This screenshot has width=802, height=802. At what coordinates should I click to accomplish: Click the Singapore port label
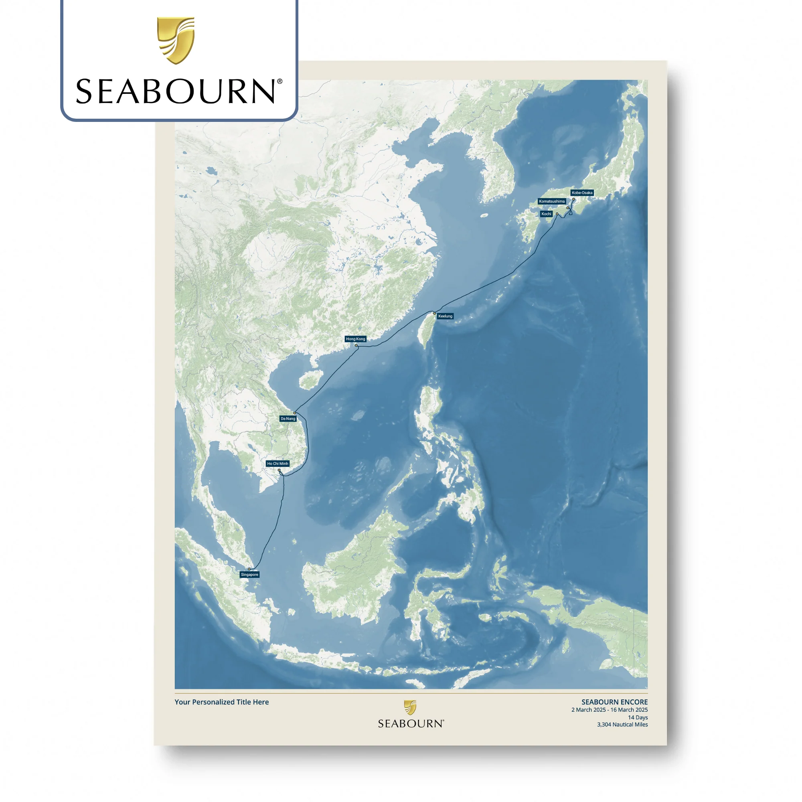pos(249,575)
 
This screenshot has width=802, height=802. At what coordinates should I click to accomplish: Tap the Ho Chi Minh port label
pos(277,464)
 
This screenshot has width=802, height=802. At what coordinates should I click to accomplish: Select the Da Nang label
pos(288,418)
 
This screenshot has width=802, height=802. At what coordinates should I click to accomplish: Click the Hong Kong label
pos(355,339)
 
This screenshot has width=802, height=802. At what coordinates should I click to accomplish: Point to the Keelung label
pos(445,316)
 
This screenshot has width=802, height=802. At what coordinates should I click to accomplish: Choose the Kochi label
pos(546,214)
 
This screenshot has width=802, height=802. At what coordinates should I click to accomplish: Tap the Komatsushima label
pos(552,201)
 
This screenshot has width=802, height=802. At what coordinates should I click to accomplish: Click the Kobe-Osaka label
pos(582,192)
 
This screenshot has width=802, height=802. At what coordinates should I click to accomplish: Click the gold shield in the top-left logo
pos(176,40)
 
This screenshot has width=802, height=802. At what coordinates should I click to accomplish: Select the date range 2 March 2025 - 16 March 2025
pos(609,710)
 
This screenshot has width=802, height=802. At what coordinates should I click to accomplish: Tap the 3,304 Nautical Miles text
pos(622,724)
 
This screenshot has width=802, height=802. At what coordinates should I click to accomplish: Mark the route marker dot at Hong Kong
pos(356,345)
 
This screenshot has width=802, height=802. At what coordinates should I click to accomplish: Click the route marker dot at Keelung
pos(434,313)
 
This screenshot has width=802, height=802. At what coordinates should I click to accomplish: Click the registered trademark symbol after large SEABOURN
pos(280,82)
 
